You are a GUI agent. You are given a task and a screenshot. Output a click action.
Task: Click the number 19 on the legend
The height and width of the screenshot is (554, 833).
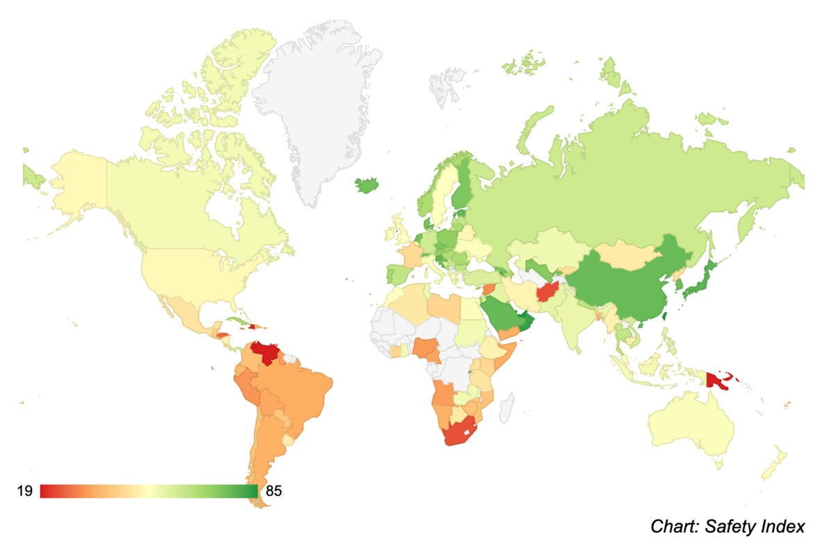click(x=24, y=491)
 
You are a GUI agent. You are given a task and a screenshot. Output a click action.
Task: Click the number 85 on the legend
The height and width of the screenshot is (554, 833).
click(x=274, y=491)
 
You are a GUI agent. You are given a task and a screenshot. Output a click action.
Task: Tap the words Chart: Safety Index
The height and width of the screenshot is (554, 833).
click(x=727, y=526)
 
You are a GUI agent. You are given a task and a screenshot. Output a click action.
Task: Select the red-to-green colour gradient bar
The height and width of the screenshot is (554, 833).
click(x=149, y=491)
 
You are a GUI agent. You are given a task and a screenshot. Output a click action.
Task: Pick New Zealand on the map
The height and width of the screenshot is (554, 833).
click(x=774, y=465)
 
